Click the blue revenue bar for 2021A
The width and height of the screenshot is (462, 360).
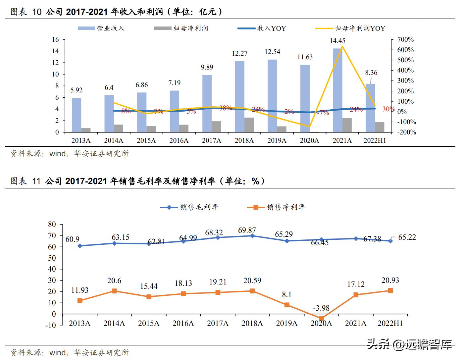click(x=337, y=90)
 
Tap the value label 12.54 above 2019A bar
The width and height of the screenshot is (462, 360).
click(x=272, y=52)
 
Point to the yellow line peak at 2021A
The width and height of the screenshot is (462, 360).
click(x=342, y=46)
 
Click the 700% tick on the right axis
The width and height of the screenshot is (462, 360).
click(x=405, y=39)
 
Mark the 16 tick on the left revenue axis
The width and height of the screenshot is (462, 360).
click(x=55, y=39)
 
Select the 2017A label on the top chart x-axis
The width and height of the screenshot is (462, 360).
click(x=211, y=140)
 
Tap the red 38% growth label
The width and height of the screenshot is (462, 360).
click(x=226, y=108)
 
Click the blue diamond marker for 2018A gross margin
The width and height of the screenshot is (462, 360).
click(x=252, y=236)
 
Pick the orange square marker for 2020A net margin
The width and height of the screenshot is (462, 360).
click(x=321, y=318)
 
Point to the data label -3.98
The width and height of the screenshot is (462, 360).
click(x=321, y=308)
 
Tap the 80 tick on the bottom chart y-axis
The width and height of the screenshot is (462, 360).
click(x=52, y=224)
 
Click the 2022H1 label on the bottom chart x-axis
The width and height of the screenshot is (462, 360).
click(x=390, y=323)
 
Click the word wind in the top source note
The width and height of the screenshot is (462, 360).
click(x=57, y=154)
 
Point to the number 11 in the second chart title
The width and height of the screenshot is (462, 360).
click(x=36, y=181)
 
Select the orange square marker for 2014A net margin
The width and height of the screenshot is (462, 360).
click(x=114, y=291)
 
